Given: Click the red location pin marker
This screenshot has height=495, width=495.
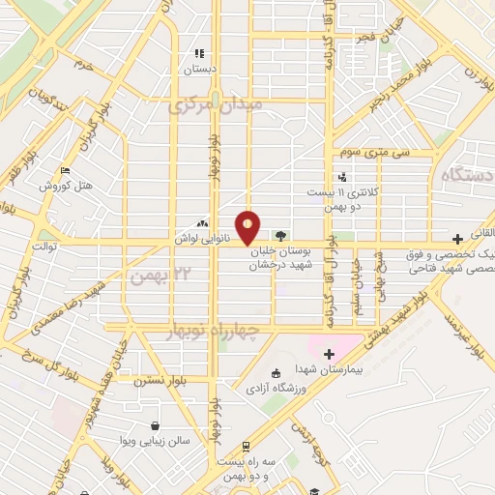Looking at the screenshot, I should pyautogui.click(x=248, y=226).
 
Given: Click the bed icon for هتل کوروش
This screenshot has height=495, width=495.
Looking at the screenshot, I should pyautogui.click(x=66, y=171).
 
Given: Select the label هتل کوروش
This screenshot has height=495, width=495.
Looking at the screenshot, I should pyautogui.click(x=65, y=186).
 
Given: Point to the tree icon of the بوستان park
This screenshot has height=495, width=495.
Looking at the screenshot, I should pyautogui.click(x=280, y=235).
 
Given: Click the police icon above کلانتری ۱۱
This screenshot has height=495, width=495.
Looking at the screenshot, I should pyautogui.click(x=342, y=177).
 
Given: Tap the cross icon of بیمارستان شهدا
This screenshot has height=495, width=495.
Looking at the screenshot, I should pyautogui.click(x=330, y=354).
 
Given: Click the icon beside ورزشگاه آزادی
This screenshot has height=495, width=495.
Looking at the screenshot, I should pyautogui.click(x=276, y=373).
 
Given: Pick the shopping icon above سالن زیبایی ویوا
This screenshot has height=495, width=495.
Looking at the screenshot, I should pyautogui.click(x=154, y=425).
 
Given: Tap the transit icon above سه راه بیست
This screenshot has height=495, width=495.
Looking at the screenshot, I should pyautogui.click(x=246, y=447).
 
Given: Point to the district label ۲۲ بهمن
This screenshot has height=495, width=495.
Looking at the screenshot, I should pyautogui.click(x=153, y=277).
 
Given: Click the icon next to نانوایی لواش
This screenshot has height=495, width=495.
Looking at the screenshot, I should pyautogui.click(x=203, y=222).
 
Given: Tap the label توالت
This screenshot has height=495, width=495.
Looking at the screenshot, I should pyautogui.click(x=45, y=246).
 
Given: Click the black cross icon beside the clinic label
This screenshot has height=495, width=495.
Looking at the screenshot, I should pyautogui.click(x=457, y=239).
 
